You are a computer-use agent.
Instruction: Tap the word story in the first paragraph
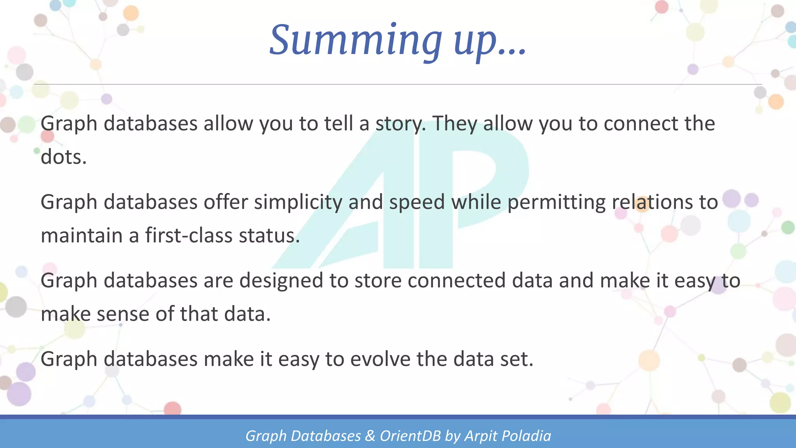coord(400,124)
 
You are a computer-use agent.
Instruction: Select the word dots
coord(63,157)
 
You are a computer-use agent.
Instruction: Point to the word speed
coord(417,203)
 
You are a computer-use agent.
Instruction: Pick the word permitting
coord(556,203)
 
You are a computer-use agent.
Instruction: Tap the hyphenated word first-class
coord(189,236)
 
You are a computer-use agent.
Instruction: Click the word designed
coord(281,281)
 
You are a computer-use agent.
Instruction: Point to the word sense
coord(123,314)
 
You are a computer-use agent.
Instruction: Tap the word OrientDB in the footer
coord(410,436)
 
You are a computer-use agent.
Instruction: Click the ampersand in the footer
coord(370,436)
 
